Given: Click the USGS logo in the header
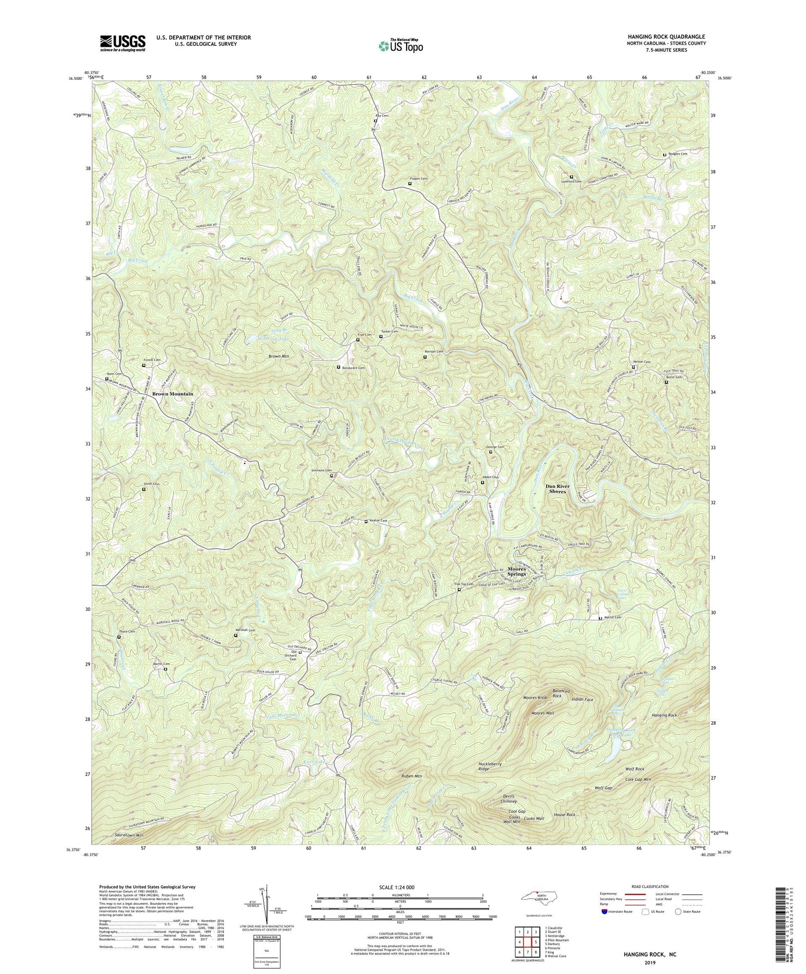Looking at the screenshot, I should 123,43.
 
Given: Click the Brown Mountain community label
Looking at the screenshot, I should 172,394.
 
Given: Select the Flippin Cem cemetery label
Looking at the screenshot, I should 418,179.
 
